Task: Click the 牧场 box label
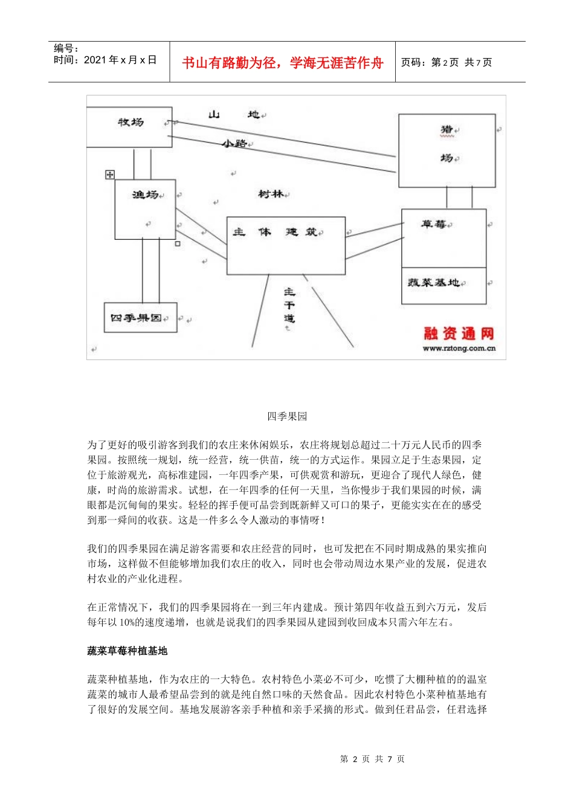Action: (x=131, y=123)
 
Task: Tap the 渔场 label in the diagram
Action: (x=145, y=195)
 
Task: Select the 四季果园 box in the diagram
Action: (x=140, y=318)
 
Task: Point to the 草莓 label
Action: (x=433, y=225)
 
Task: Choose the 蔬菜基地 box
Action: (x=443, y=285)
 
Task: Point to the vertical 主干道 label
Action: (x=289, y=305)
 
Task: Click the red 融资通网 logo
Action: (x=459, y=333)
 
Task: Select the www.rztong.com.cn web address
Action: (x=459, y=349)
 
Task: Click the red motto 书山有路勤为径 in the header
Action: (x=282, y=63)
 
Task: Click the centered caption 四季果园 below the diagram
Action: (x=287, y=416)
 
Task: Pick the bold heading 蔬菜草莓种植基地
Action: (x=127, y=651)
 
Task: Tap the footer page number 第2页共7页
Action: (x=372, y=759)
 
